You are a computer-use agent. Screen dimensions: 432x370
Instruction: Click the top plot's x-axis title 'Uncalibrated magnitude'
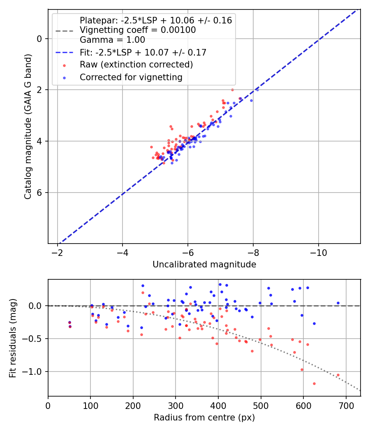pos(204,265)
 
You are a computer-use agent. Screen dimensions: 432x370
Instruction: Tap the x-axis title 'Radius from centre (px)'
pos(204,418)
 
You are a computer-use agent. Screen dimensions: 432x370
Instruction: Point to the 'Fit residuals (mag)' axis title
pos(13,338)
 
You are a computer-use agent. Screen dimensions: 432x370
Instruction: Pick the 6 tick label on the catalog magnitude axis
pos(39,193)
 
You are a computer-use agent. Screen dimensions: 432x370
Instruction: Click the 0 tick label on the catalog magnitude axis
pos(39,39)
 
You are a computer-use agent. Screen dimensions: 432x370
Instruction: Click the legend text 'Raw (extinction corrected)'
pos(136,65)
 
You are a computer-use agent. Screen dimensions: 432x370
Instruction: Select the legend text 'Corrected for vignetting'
pos(131,77)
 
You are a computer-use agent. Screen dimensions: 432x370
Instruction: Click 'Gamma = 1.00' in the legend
pos(112,40)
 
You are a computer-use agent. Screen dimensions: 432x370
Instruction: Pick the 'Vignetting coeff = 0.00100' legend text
pos(138,30)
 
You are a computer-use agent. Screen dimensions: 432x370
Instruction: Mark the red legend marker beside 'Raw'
pos(64,65)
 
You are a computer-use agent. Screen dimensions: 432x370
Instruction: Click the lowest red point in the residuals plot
pos(314,383)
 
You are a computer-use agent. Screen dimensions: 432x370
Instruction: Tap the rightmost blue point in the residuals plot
pos(338,303)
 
